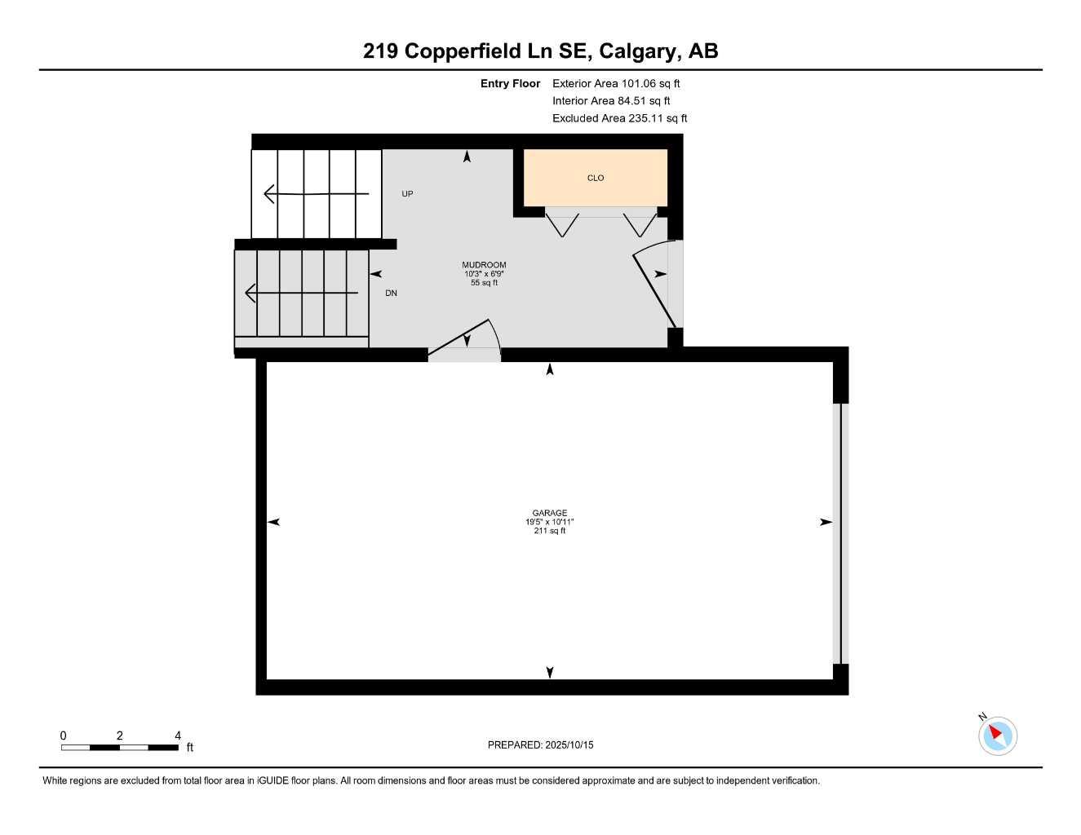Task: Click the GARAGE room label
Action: point(550,513)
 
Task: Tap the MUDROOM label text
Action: point(484,265)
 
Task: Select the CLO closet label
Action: point(596,178)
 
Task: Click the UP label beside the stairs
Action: point(407,194)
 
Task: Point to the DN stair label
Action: point(392,293)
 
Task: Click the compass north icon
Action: point(997,736)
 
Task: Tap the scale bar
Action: point(120,747)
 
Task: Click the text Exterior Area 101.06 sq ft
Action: point(616,83)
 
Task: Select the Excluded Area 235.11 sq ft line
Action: point(619,118)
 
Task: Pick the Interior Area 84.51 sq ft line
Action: point(611,101)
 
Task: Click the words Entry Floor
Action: point(511,83)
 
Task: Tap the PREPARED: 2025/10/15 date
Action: point(541,745)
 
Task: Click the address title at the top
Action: point(540,51)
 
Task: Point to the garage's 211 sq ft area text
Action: point(550,531)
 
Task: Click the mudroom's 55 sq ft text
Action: point(484,283)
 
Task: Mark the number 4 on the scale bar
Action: point(178,736)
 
